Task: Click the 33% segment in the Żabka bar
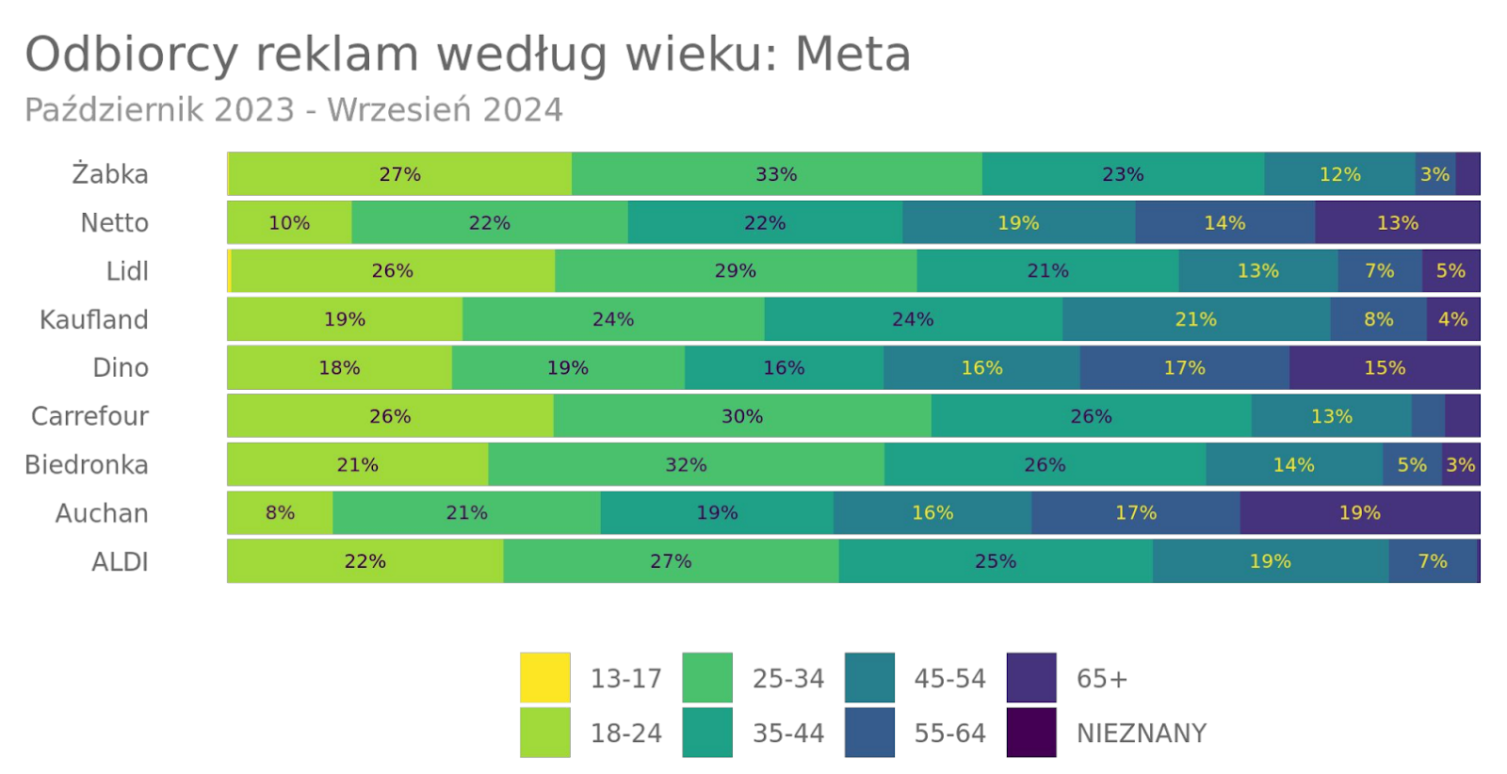pyautogui.click(x=776, y=174)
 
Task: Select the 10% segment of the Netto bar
pyautogui.click(x=289, y=223)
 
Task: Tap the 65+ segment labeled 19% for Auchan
pyautogui.click(x=1359, y=513)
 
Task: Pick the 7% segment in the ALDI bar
pyautogui.click(x=1433, y=561)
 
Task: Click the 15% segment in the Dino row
pyautogui.click(x=1384, y=368)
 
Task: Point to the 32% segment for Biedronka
pyautogui.click(x=686, y=465)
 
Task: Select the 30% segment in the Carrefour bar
pyautogui.click(x=742, y=416)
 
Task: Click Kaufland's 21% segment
pyautogui.click(x=1195, y=320)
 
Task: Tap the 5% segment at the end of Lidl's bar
pyautogui.click(x=1450, y=271)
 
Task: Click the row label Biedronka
pyautogui.click(x=87, y=465)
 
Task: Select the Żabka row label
pyautogui.click(x=110, y=174)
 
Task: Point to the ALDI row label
pyautogui.click(x=120, y=562)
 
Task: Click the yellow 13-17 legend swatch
pyautogui.click(x=544, y=678)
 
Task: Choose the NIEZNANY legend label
pyautogui.click(x=1141, y=734)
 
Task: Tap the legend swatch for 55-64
pyautogui.click(x=868, y=733)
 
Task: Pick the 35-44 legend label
pyautogui.click(x=787, y=734)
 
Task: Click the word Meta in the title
pyautogui.click(x=852, y=54)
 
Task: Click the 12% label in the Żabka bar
pyautogui.click(x=1339, y=174)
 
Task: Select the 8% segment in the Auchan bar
pyautogui.click(x=280, y=513)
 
